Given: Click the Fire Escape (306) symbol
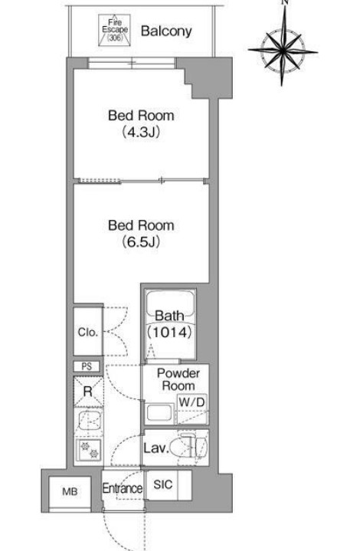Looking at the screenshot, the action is click(114, 30).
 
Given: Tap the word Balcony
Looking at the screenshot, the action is click(166, 31).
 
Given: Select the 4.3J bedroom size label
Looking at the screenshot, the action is click(141, 133).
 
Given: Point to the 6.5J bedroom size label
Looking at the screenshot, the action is click(141, 241).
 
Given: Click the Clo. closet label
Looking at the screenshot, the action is click(88, 332).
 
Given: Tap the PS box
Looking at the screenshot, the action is click(87, 366).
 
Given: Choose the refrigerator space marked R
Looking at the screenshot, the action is click(88, 391).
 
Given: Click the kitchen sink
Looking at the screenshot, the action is click(89, 421).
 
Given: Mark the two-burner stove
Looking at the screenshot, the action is click(89, 450).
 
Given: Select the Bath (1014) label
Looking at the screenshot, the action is click(170, 323).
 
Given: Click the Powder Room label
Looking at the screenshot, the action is click(178, 379).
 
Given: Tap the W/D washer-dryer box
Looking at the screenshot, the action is click(191, 402).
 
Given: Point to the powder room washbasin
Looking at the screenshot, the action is click(160, 413).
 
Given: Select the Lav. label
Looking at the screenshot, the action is click(156, 448).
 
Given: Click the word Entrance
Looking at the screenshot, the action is click(123, 488).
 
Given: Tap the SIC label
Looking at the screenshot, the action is click(163, 484).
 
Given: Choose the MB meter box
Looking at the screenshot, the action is click(70, 492).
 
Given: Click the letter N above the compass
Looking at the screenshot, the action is click(285, 2).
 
